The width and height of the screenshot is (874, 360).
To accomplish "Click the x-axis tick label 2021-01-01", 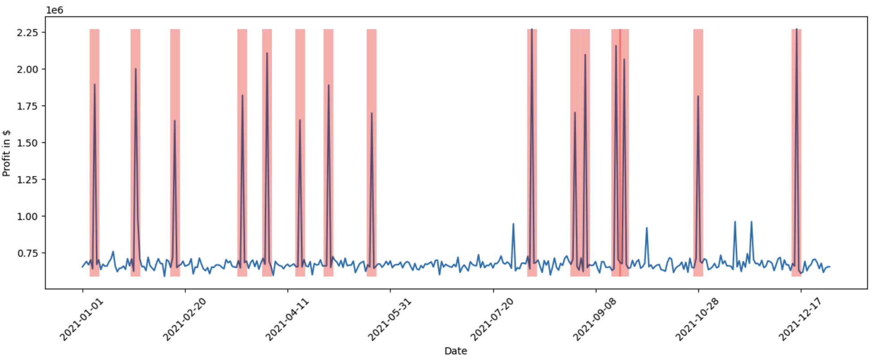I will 82,319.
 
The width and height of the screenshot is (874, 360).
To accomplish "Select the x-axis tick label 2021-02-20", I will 184,319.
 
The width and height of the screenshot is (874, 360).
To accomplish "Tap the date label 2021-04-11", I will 287,319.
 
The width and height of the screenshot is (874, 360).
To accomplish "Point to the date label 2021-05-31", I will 390,319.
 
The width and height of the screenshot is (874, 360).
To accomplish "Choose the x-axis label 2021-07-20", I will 493,319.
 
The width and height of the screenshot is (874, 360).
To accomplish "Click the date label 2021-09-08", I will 595,319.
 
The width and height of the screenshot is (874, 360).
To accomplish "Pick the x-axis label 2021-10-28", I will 698,319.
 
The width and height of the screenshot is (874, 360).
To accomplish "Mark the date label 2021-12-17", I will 800,319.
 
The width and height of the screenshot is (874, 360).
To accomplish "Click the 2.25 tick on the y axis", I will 28,33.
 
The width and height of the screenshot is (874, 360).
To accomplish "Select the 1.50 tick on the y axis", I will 28,143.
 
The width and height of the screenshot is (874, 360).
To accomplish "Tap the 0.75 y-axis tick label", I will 28,253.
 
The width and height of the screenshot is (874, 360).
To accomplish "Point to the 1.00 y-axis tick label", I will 28,216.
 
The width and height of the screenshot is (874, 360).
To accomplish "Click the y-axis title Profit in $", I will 6,153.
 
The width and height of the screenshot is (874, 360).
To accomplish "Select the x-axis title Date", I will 455,351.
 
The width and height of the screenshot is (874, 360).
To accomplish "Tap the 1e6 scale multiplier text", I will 55,10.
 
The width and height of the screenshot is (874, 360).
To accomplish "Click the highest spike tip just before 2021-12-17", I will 796,30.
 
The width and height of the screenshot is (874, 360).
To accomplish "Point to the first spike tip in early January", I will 94,85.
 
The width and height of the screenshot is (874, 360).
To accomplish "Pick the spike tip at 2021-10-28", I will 698,96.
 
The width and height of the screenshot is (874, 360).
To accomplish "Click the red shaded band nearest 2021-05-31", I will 371,152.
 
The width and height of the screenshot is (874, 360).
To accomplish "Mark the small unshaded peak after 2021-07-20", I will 513,224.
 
